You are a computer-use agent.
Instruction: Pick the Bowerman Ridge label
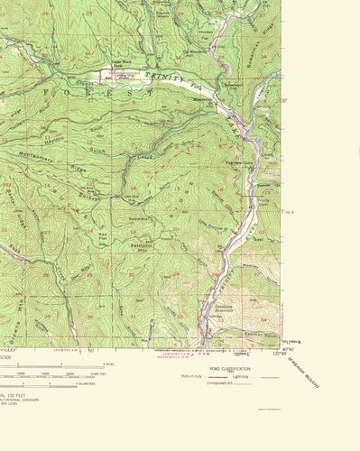click(236, 37)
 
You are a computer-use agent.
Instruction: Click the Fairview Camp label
click(237, 162)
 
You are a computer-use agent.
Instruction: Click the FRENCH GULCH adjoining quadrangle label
click(307, 370)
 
